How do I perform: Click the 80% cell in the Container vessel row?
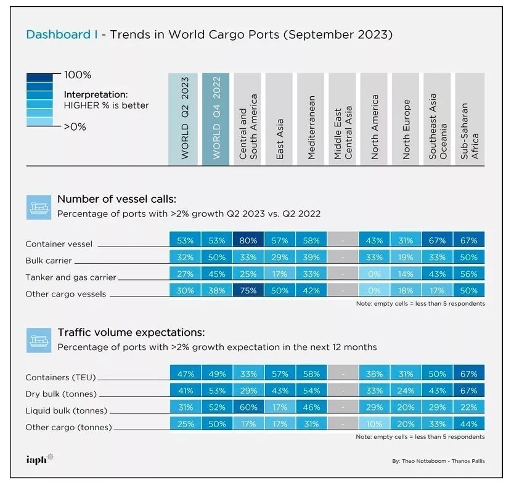tap(248, 240)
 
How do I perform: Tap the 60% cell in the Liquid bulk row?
tap(248, 407)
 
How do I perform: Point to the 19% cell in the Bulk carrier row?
tap(406, 257)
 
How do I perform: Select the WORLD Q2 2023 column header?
tap(183, 119)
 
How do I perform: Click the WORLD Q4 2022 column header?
tap(214, 119)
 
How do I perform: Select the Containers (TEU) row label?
tap(60, 377)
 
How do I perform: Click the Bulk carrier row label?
tap(49, 261)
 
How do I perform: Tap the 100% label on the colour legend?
tap(77, 75)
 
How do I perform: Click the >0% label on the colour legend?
tap(75, 127)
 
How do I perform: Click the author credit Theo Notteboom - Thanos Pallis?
tap(438, 461)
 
